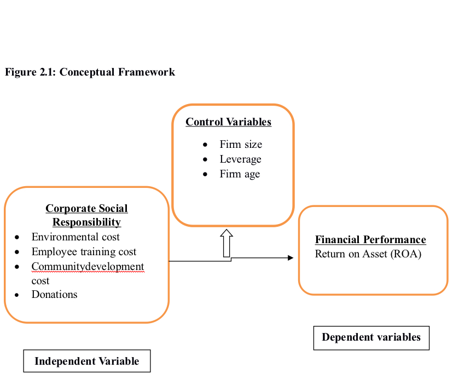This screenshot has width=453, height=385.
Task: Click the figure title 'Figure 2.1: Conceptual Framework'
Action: tap(90, 72)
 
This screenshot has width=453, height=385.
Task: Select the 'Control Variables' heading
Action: tap(228, 122)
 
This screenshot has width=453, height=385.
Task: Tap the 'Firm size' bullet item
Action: tap(241, 145)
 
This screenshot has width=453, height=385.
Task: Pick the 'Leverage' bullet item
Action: tap(241, 159)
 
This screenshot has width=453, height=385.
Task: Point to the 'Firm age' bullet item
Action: tap(240, 174)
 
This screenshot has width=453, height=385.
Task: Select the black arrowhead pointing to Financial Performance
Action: tap(291, 257)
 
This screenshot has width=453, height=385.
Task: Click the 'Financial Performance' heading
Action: tap(370, 240)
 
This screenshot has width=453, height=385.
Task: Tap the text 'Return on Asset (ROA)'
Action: tap(368, 254)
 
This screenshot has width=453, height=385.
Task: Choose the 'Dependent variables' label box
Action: tap(371, 337)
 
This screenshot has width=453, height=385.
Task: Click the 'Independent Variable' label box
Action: tap(86, 361)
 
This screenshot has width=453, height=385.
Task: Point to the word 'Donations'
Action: tap(54, 295)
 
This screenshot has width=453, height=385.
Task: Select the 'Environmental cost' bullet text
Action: tap(75, 237)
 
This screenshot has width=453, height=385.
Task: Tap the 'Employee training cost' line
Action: tap(84, 252)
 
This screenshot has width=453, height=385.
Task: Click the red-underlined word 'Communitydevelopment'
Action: tap(88, 267)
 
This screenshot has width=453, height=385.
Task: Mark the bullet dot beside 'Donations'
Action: tap(18, 295)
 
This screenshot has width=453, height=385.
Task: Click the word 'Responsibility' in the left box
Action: tap(86, 222)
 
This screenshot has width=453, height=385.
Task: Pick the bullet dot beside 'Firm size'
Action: tap(205, 145)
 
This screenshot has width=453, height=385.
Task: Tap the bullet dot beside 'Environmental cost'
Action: tap(18, 238)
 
